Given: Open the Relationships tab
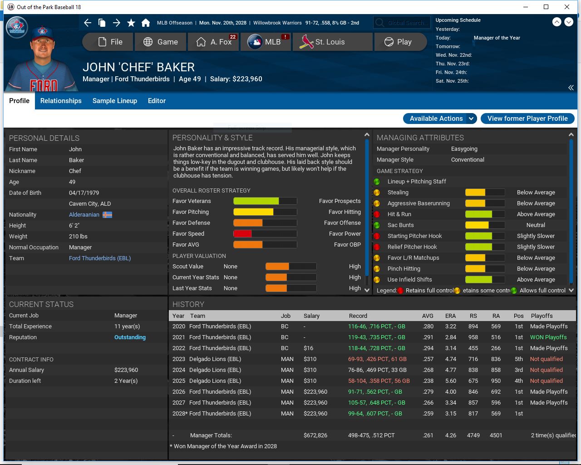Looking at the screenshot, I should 61,101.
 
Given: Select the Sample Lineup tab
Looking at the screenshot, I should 115,101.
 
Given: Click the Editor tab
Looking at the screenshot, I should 157,101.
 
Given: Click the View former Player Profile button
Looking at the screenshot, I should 527,119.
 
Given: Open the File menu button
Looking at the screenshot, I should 108,42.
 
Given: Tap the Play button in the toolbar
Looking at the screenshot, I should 400,42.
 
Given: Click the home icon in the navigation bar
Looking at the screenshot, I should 146,23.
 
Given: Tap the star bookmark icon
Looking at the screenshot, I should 131,23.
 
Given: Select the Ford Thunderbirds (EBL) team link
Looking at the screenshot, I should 100,258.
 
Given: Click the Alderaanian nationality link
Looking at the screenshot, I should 84,215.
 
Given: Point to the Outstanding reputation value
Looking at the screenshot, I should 130,337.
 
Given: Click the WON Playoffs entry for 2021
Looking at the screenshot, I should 548,337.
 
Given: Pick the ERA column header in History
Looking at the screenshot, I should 450,316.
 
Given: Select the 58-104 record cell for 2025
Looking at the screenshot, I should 379,381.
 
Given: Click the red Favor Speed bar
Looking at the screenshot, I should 242,234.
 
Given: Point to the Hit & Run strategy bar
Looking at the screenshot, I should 485,214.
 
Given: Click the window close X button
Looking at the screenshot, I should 567,7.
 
